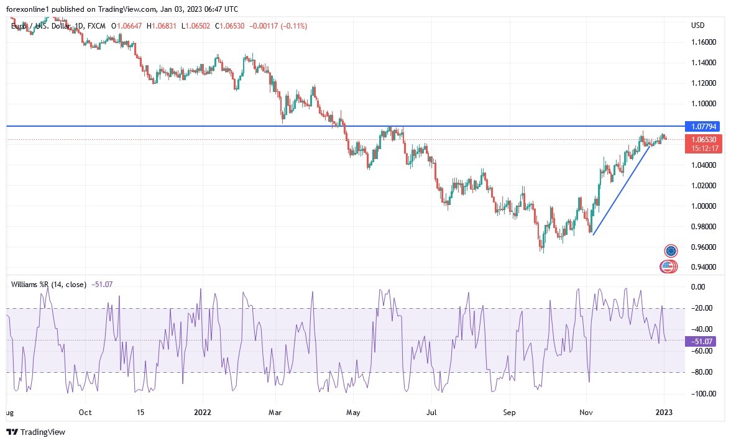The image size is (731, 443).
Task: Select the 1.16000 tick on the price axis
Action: [x=702, y=42]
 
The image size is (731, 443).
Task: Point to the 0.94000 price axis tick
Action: [x=702, y=267]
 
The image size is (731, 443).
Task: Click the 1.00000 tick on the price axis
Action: [x=702, y=206]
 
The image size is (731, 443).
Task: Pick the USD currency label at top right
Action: [x=697, y=25]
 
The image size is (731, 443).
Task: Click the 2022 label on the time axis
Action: [x=203, y=412]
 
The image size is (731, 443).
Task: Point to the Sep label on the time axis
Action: [x=509, y=412]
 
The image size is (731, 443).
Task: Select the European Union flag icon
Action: [x=671, y=251]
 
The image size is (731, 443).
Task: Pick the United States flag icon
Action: [x=668, y=267]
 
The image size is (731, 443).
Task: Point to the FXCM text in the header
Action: [x=98, y=26]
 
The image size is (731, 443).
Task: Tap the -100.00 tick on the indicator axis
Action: [x=700, y=393]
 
